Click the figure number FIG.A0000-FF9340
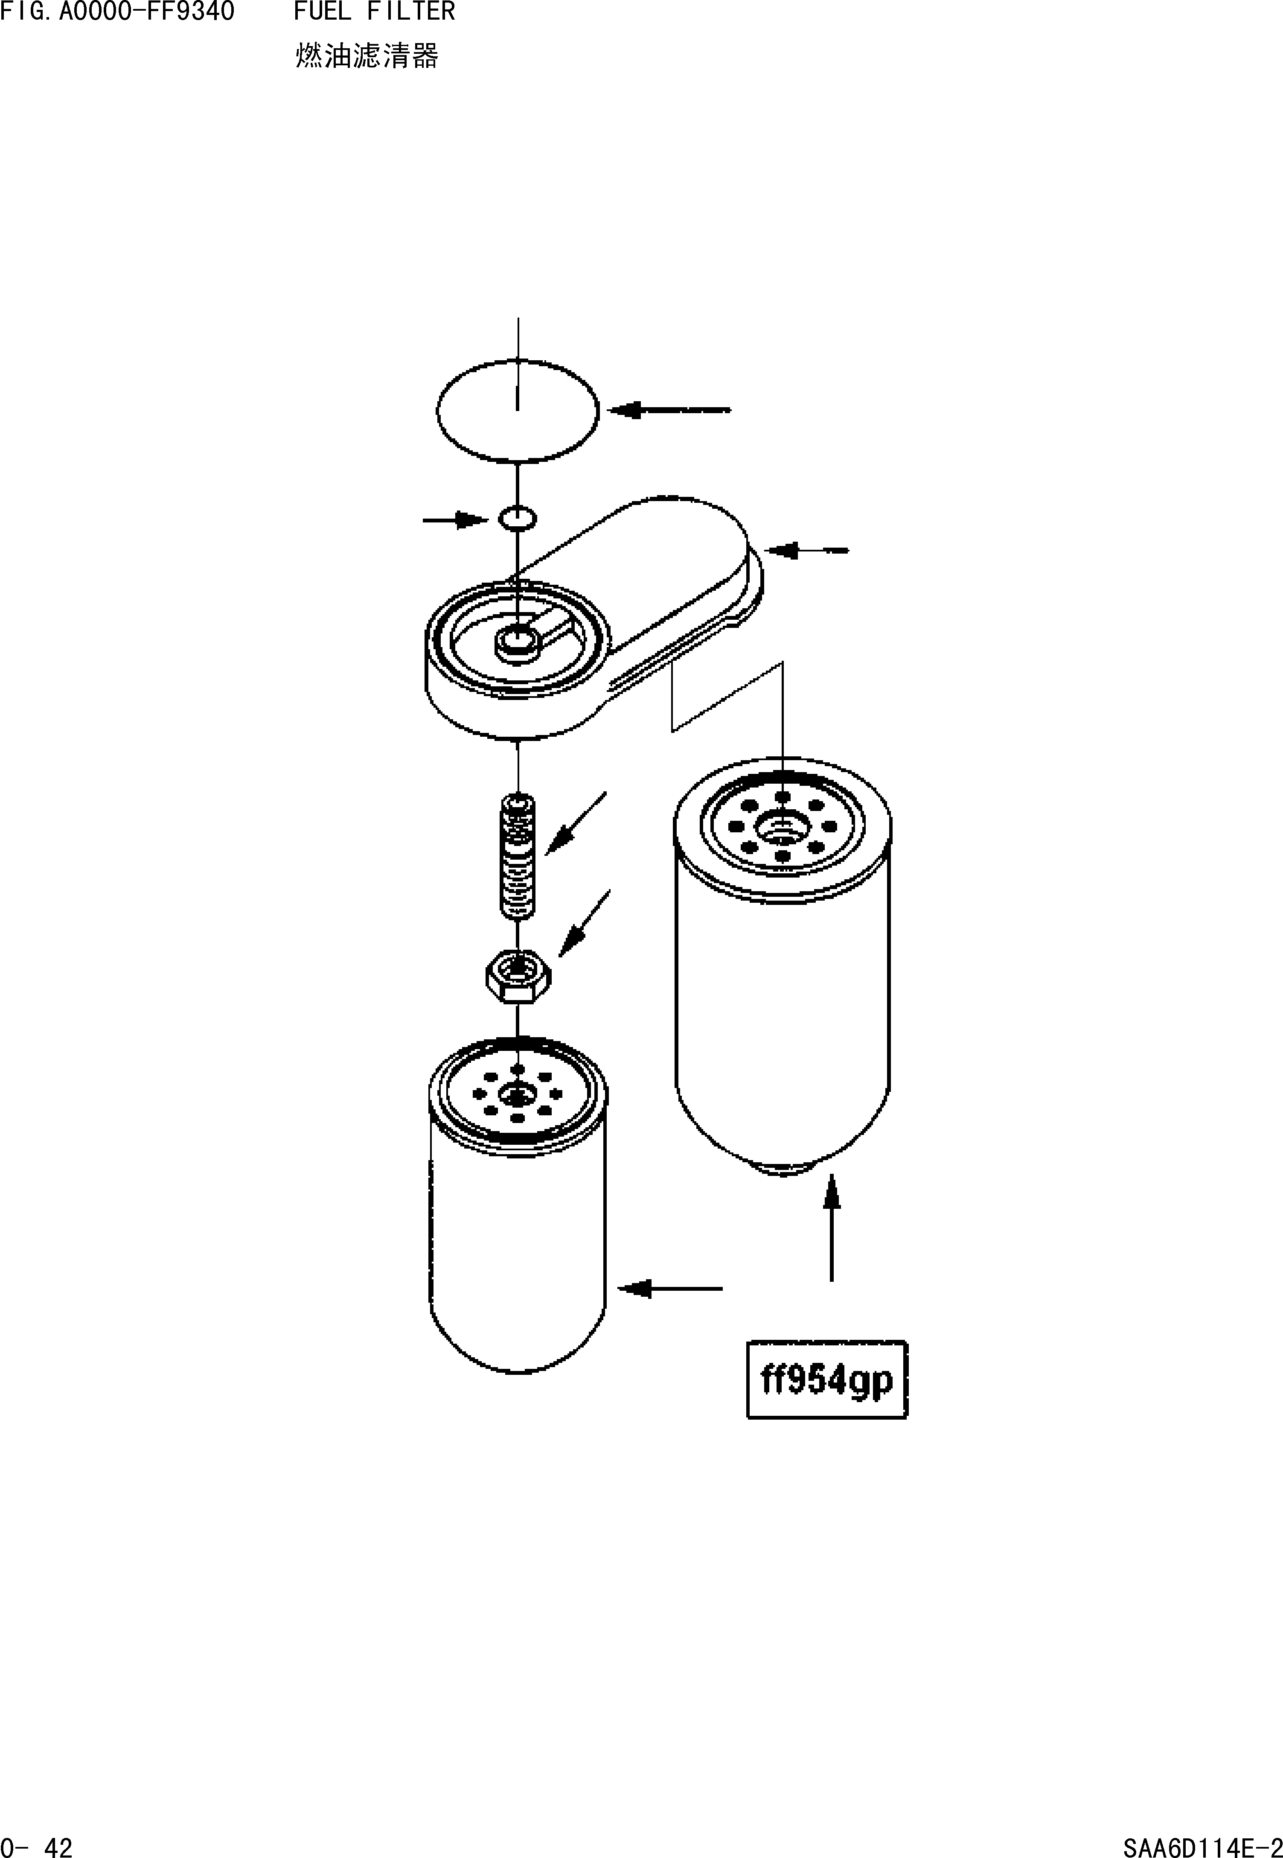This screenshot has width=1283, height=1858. (117, 12)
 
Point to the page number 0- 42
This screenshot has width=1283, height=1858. (37, 1841)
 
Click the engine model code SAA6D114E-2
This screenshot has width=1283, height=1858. (1202, 1841)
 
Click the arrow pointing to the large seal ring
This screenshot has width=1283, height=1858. (669, 410)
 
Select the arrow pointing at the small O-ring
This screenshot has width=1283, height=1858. (455, 520)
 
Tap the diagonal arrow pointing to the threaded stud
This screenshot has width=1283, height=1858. (576, 823)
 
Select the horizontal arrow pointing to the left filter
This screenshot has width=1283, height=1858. (669, 1289)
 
